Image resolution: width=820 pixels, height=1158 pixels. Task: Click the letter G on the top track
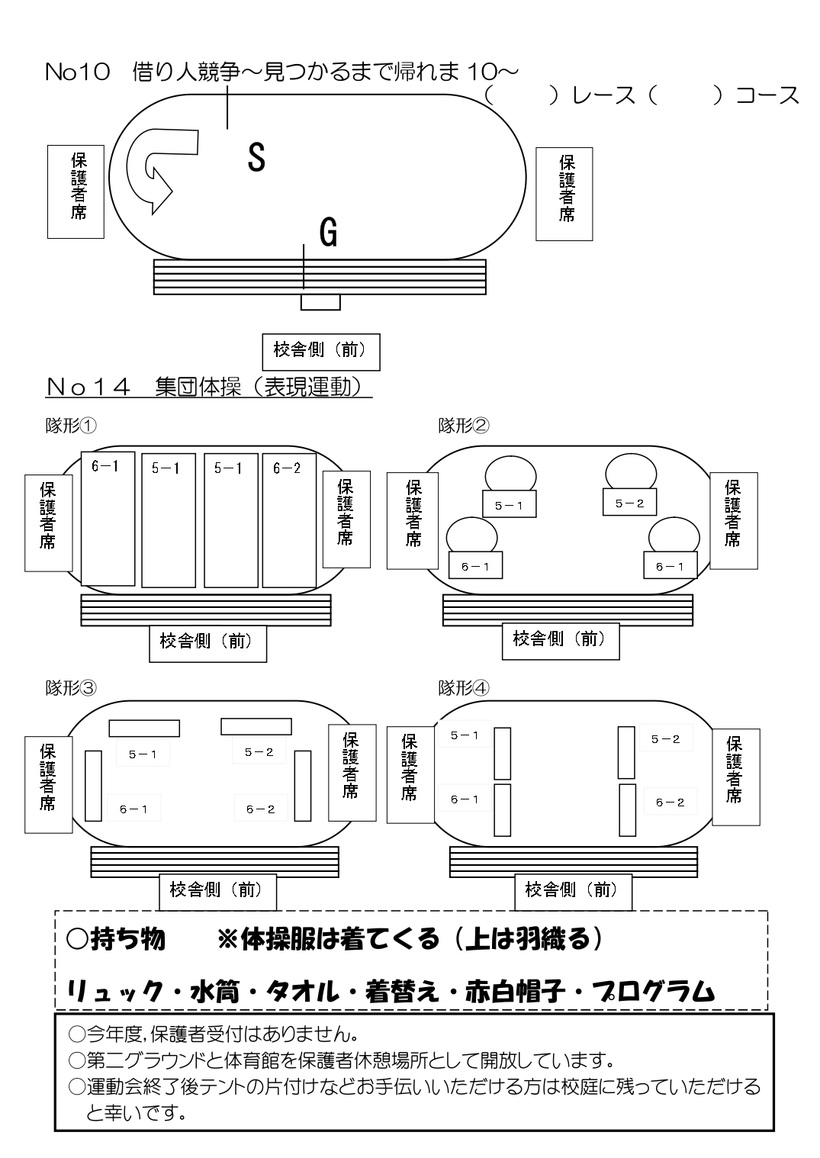pyautogui.click(x=328, y=232)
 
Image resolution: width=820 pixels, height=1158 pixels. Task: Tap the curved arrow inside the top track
pyautogui.click(x=157, y=168)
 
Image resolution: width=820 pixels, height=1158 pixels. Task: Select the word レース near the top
pyautogui.click(x=603, y=95)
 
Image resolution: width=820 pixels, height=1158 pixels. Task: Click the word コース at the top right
pyautogui.click(x=767, y=95)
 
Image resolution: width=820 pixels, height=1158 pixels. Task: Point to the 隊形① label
pyautogui.click(x=71, y=426)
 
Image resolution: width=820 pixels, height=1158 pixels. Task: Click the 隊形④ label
pyautogui.click(x=464, y=688)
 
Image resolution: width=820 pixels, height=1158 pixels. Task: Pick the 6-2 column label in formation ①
pyautogui.click(x=287, y=468)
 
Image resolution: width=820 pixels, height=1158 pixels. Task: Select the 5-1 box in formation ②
pyautogui.click(x=509, y=505)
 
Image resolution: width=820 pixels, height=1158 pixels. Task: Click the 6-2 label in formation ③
pyautogui.click(x=260, y=809)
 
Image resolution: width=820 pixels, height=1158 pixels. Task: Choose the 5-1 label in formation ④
pyautogui.click(x=465, y=735)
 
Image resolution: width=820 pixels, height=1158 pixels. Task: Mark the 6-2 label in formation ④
pyautogui.click(x=670, y=802)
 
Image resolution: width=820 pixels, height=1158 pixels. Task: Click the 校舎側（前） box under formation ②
pyautogui.click(x=560, y=639)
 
